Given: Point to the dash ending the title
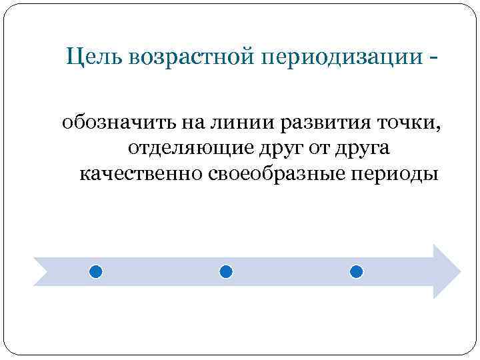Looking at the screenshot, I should [x=435, y=59].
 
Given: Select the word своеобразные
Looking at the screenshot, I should [x=273, y=174].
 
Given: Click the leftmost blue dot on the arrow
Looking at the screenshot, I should [x=96, y=272].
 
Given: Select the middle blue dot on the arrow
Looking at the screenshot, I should [x=225, y=272].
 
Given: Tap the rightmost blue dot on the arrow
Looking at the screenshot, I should [x=356, y=272].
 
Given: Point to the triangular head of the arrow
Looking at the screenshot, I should [x=445, y=271].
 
